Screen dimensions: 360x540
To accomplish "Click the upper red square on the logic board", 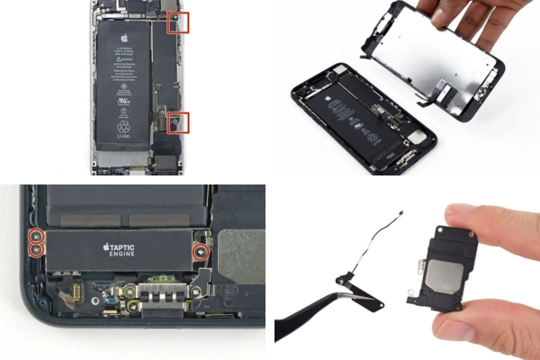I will [178, 23].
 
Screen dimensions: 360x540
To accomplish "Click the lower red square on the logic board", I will [178, 122].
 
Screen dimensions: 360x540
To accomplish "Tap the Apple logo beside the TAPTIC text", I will [105, 245].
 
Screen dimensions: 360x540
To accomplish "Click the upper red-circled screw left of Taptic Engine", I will [36, 235].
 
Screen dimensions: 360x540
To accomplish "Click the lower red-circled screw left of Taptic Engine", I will [36, 247].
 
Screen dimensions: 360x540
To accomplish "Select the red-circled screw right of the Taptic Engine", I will [201, 251].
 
